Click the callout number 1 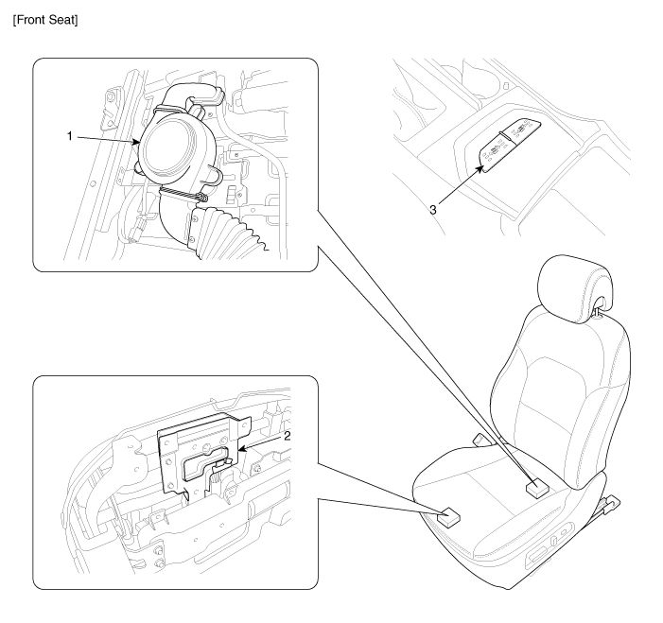pos(70,136)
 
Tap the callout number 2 pos(288,436)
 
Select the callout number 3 pos(433,210)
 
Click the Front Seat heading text pos(45,20)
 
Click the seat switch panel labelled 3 pos(511,145)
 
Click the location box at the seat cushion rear pos(536,489)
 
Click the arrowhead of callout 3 pos(480,168)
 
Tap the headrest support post pos(597,311)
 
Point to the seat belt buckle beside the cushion pos(480,440)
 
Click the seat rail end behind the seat pos(611,505)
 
